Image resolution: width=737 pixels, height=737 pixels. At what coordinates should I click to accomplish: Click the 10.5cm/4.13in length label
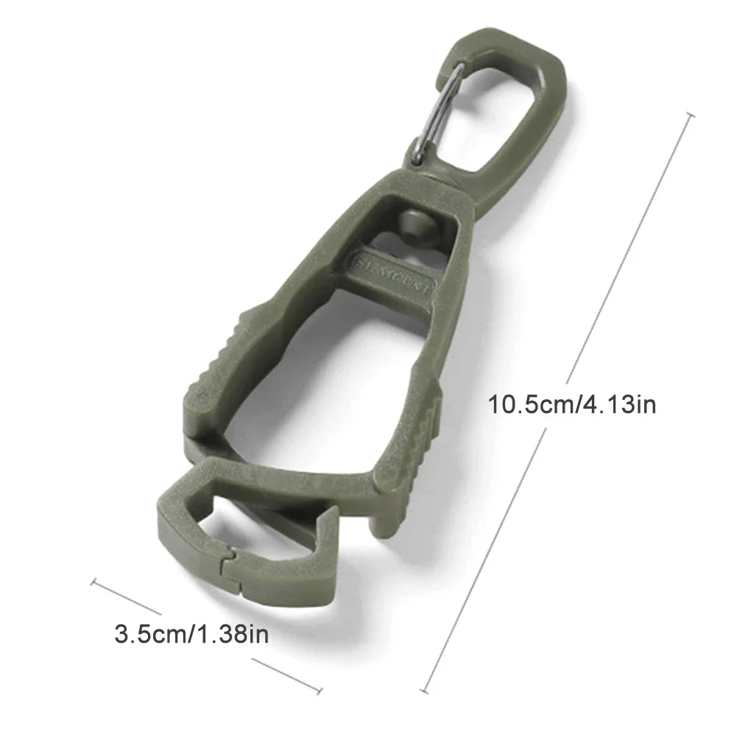tap(572, 404)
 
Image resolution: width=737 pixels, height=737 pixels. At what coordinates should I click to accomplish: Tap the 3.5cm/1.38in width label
tap(192, 633)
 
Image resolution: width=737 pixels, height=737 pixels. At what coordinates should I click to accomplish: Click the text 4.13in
tap(618, 404)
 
